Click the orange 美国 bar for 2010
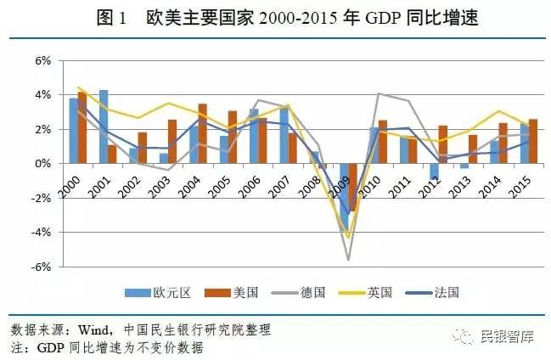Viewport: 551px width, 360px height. (x=384, y=142)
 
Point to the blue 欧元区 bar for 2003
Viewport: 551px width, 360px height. (x=164, y=158)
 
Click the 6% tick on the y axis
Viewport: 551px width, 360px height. (x=41, y=61)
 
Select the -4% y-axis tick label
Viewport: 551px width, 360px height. (x=39, y=232)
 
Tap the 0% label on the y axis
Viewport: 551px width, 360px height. (x=41, y=163)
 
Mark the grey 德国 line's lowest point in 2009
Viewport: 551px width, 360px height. (x=347, y=259)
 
